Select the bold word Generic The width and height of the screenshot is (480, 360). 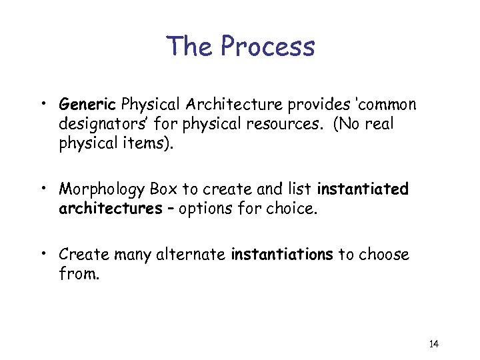click(x=88, y=105)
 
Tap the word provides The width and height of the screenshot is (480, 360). click(x=301, y=105)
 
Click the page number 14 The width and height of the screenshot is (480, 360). click(x=433, y=344)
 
